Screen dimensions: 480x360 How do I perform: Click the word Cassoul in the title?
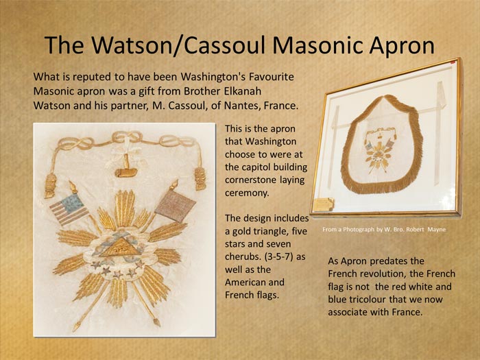coord(224,45)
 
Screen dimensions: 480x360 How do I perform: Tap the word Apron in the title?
coord(402,46)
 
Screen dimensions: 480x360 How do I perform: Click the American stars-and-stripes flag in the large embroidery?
coord(69,208)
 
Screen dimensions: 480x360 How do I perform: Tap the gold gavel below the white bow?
coord(126,168)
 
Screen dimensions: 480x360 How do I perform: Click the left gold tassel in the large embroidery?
coord(51,185)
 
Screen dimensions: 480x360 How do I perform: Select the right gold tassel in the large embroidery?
coord(200,178)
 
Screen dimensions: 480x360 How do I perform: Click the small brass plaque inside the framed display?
coord(324,204)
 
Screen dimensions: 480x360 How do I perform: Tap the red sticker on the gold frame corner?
coord(453,62)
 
